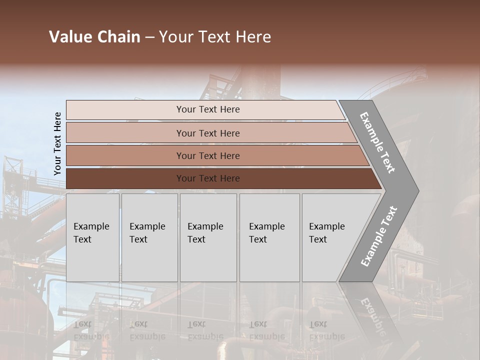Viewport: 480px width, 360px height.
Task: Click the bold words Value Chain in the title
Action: (94, 37)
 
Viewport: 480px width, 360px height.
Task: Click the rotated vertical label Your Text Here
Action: (57, 143)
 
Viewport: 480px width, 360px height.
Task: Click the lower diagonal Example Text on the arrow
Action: (378, 236)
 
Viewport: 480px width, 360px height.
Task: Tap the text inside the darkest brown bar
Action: (208, 178)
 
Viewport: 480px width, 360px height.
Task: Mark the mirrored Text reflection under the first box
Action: (82, 324)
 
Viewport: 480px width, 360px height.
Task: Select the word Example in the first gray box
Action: (91, 226)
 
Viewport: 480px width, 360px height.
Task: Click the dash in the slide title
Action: (149, 37)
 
